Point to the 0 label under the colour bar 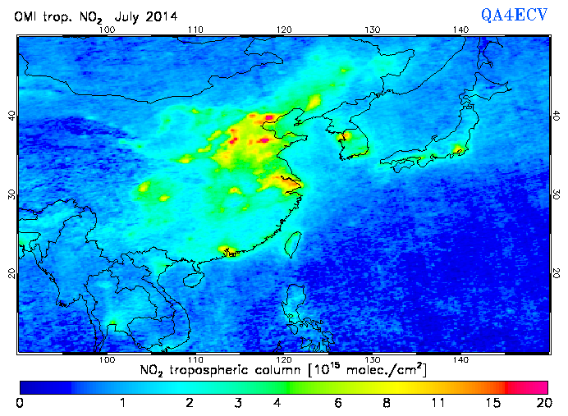(x=20, y=403)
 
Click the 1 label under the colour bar (x=122, y=403)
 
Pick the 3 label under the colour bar (x=237, y=403)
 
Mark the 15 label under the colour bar (x=490, y=403)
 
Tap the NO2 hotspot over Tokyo (x=459, y=150)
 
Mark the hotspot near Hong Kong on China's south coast (x=231, y=251)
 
